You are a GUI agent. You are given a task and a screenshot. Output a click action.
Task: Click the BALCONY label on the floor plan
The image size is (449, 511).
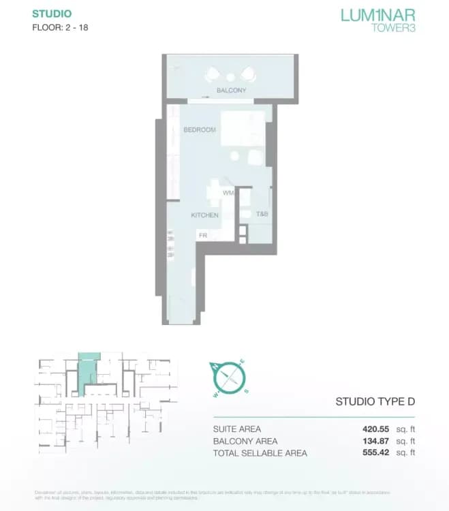[x=231, y=91]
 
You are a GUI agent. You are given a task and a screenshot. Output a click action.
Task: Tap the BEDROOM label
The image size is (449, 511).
[x=200, y=129]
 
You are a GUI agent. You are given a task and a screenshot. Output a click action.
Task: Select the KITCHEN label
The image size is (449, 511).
[x=204, y=215]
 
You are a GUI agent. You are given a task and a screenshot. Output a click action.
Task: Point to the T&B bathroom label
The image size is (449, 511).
[x=262, y=215]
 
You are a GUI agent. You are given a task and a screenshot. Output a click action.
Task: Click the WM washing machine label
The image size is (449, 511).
[x=228, y=193]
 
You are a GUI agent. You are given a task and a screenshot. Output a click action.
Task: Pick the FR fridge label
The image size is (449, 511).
[x=202, y=235]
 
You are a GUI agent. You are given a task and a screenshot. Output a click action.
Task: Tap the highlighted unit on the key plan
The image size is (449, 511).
[x=89, y=371]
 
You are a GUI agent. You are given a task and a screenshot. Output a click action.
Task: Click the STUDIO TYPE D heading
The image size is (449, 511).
[x=375, y=402]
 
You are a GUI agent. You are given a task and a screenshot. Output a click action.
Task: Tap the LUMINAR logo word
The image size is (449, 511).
[x=376, y=15]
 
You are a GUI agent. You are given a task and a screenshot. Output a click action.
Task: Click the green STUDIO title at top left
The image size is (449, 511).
[x=51, y=14]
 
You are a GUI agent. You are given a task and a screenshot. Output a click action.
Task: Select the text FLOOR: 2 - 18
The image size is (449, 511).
[x=60, y=28]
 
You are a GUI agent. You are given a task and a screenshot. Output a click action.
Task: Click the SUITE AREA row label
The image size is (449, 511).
[x=237, y=429]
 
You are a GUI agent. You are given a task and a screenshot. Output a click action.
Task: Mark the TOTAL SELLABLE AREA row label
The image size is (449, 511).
[x=260, y=452]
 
